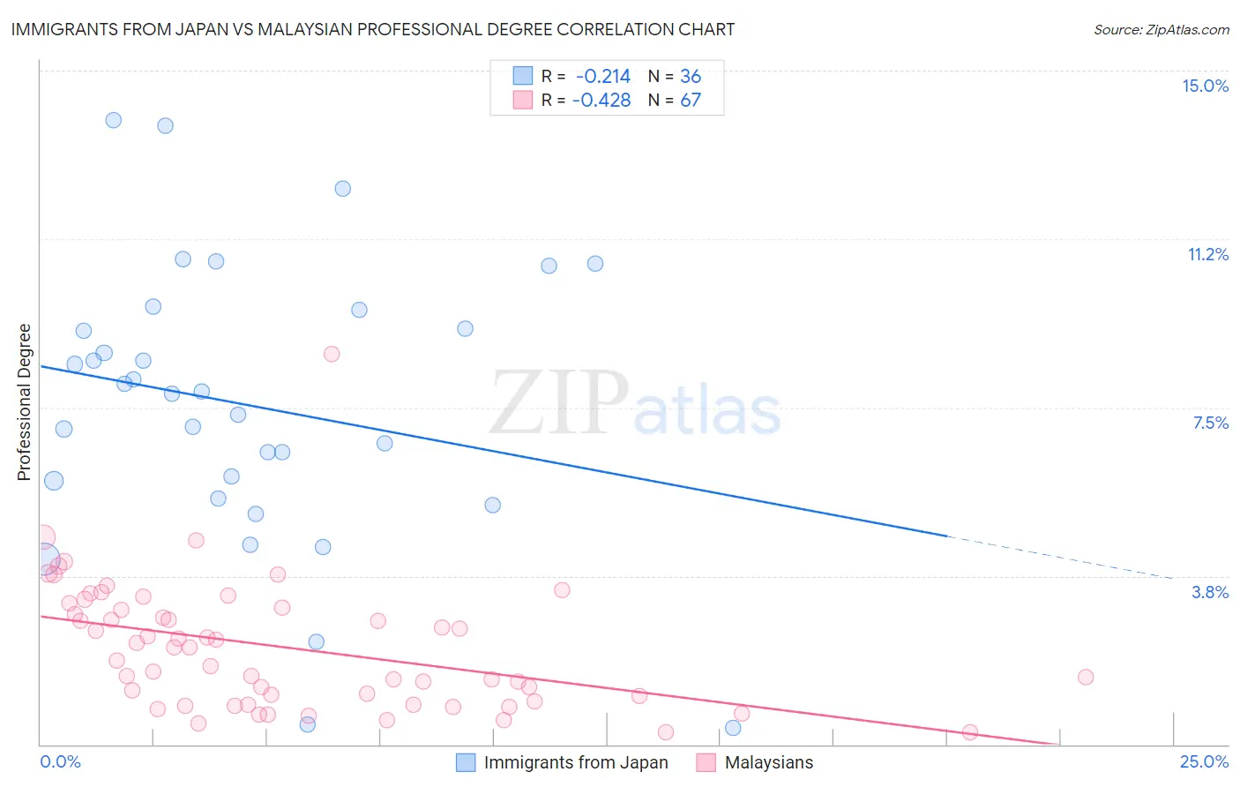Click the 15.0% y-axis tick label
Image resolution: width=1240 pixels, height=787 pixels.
pyautogui.click(x=1205, y=86)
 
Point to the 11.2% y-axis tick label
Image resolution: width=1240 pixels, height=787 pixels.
pyautogui.click(x=1207, y=254)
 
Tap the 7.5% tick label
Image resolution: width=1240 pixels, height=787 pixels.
pyautogui.click(x=1210, y=423)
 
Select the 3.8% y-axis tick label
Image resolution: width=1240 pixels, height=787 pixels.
pyautogui.click(x=1210, y=592)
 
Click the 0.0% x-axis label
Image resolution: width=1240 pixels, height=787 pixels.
pyautogui.click(x=60, y=761)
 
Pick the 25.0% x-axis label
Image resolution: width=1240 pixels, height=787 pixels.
pyautogui.click(x=1204, y=761)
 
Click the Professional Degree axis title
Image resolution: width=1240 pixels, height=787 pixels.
pyautogui.click(x=24, y=402)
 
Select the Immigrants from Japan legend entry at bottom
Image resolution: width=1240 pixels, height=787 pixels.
pyautogui.click(x=563, y=762)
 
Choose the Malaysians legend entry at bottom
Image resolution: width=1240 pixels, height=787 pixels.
pyautogui.click(x=755, y=762)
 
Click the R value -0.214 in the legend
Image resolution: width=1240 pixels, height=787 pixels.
pyautogui.click(x=602, y=77)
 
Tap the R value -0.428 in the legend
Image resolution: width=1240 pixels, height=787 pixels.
pyautogui.click(x=601, y=101)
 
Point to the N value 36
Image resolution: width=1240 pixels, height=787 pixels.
pyautogui.click(x=690, y=77)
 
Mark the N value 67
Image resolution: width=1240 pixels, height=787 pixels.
pyautogui.click(x=690, y=101)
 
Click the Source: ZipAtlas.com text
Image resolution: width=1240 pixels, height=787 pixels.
pyautogui.click(x=1161, y=30)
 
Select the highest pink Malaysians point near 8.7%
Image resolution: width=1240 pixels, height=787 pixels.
pyautogui.click(x=332, y=354)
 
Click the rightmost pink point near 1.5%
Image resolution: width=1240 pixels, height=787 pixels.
pyautogui.click(x=1086, y=677)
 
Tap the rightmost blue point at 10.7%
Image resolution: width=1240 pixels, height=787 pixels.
pyautogui.click(x=595, y=264)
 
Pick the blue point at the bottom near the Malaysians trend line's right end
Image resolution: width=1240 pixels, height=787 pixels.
pyautogui.click(x=733, y=727)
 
